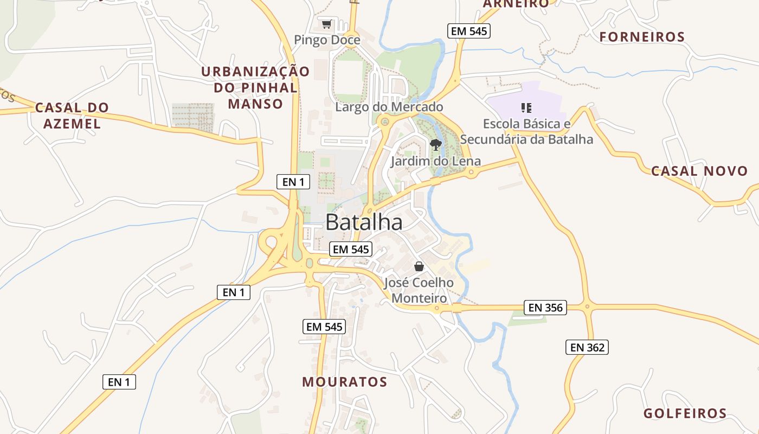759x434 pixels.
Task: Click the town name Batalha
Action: click(x=364, y=222)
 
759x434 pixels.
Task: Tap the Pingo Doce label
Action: click(x=327, y=40)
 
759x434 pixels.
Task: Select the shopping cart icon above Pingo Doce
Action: click(x=326, y=24)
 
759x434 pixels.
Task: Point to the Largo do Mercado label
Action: click(x=389, y=107)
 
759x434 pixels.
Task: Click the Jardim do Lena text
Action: click(x=436, y=161)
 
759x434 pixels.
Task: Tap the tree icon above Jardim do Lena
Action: click(x=435, y=144)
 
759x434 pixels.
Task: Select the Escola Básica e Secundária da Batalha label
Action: click(x=526, y=131)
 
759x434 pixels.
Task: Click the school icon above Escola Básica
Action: click(x=526, y=108)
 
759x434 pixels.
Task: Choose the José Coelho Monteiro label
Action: click(x=419, y=290)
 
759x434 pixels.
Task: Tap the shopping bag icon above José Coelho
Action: click(x=419, y=266)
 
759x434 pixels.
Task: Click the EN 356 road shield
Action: click(x=545, y=308)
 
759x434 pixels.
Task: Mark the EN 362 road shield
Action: click(x=587, y=347)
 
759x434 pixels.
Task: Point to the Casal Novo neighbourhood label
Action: click(x=699, y=171)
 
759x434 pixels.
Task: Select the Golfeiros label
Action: click(x=685, y=413)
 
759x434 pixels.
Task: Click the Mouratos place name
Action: click(x=345, y=381)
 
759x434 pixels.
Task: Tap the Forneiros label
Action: click(x=642, y=37)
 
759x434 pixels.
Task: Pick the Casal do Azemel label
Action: click(x=72, y=116)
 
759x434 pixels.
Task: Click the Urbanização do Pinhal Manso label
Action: click(x=255, y=87)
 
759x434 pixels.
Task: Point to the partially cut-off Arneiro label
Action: click(x=516, y=4)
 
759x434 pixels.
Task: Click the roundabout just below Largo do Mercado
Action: click(x=385, y=122)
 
